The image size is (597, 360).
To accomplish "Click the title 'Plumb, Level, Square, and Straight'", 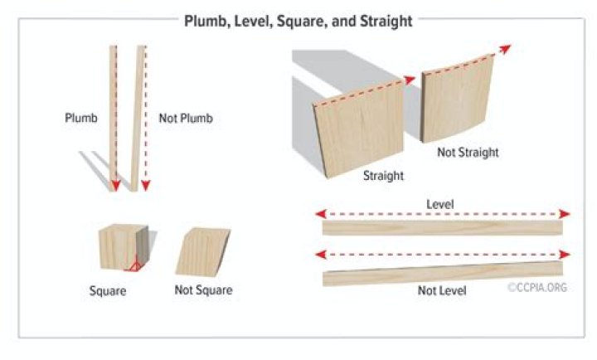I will pos(298,21).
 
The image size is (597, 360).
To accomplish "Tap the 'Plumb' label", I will pos(81,119).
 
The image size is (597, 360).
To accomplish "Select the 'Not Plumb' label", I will pos(186,119).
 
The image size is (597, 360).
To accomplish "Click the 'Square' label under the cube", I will pos(109,290).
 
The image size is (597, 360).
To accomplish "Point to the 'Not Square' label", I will pos(203,290).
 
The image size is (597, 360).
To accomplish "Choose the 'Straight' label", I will pos(383,176).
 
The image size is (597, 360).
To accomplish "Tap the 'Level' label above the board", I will pos(439,203).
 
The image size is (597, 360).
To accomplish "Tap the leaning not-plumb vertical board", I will pos(136,116).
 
